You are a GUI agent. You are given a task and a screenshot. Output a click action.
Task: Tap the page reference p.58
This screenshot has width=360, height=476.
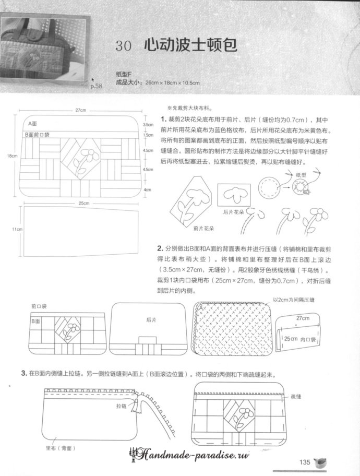97,86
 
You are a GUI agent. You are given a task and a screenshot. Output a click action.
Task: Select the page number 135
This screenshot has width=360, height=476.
305,461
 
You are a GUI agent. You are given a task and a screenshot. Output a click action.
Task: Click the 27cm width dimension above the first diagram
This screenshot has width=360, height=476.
80,111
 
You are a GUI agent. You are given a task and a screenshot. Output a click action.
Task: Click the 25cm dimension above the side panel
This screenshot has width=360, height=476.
83,203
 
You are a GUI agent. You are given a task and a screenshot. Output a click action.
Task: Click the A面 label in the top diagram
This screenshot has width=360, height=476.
32,125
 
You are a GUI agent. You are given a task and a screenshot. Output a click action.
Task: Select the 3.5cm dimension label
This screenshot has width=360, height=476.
148,125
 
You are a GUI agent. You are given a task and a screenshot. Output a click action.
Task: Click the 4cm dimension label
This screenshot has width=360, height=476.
147,190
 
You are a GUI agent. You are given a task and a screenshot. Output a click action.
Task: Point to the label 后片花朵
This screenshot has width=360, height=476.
233,212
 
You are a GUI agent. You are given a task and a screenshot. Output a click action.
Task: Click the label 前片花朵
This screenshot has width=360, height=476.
203,229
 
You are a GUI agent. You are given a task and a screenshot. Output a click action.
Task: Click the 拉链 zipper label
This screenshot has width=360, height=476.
122,405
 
